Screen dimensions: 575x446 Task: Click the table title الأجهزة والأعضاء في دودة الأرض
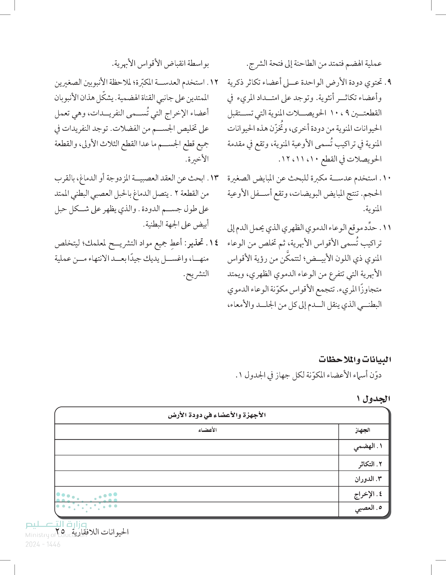(x=217, y=415)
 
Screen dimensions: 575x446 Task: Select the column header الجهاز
(x=363, y=430)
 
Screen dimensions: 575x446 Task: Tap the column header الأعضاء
(x=207, y=430)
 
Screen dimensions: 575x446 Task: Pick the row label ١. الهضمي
(x=368, y=446)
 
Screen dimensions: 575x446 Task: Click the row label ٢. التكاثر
(x=370, y=464)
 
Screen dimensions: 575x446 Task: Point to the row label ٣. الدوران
(x=368, y=479)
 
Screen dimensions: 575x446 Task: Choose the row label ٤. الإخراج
(x=368, y=494)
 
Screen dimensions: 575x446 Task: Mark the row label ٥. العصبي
(x=368, y=508)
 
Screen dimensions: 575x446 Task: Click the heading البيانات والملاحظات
(x=355, y=359)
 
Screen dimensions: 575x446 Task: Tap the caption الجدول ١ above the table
(x=373, y=399)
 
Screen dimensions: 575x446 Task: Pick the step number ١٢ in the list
(x=214, y=82)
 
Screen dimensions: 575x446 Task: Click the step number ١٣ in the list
(x=214, y=178)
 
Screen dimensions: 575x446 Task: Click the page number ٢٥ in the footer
(x=60, y=531)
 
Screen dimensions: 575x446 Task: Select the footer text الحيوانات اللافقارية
(x=100, y=532)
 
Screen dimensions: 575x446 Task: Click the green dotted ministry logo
(x=87, y=501)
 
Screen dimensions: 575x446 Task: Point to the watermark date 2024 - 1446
(x=43, y=545)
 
